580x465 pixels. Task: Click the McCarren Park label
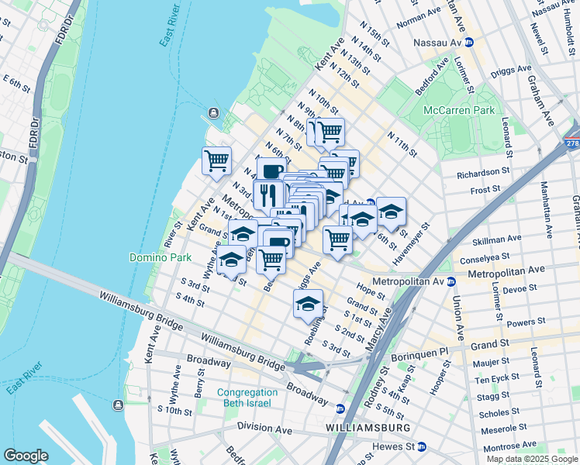(x=458, y=110)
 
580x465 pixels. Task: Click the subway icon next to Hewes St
(x=421, y=446)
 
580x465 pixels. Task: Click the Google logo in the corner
(x=26, y=455)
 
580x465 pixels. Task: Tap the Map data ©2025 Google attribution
(x=531, y=459)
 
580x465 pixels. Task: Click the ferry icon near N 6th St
(x=213, y=114)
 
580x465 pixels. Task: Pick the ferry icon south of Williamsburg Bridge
(x=117, y=405)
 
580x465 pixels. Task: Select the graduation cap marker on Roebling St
(x=308, y=304)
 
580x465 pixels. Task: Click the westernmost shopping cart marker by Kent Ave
(x=216, y=161)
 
